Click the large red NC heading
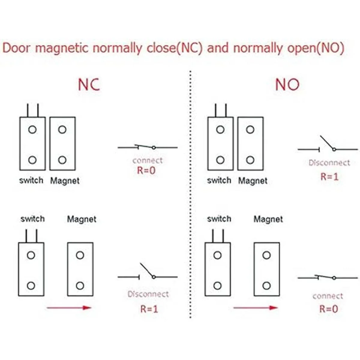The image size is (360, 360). (x=89, y=85)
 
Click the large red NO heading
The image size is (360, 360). (x=287, y=85)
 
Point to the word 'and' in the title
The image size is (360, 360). (x=218, y=48)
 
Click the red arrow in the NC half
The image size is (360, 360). (x=69, y=307)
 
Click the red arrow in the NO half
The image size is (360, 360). (x=255, y=307)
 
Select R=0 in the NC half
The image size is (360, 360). (x=146, y=170)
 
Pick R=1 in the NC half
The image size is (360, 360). (x=149, y=309)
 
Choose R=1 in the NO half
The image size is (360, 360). (x=329, y=176)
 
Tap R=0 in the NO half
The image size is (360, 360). (x=328, y=309)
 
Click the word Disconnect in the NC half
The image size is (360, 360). (x=148, y=294)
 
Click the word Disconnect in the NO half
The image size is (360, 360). (x=329, y=163)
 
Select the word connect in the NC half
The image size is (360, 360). (x=148, y=160)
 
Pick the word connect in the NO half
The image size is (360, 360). (x=328, y=296)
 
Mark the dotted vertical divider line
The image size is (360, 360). (x=190, y=195)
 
